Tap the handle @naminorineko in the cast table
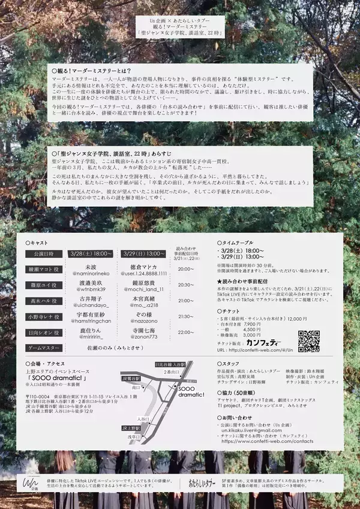pos(91,273)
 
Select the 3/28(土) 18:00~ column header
pos(91,254)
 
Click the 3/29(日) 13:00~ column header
pos(143,254)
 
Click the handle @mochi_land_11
pos(143,289)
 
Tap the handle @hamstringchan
pos(91,321)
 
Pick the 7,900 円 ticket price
pos(252,324)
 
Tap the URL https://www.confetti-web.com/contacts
pos(267,441)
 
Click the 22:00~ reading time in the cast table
pos(186,332)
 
